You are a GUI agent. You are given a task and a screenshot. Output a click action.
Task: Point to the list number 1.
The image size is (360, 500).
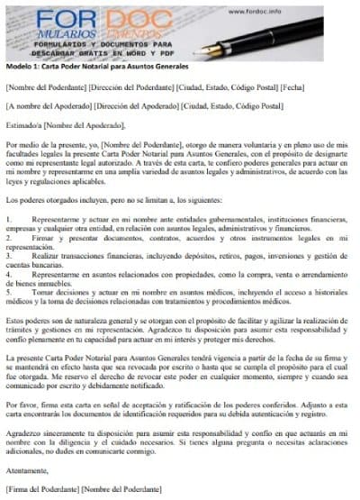pyautogui.click(x=8, y=219)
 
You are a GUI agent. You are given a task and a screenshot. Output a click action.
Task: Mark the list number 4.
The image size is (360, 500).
pyautogui.click(x=8, y=274)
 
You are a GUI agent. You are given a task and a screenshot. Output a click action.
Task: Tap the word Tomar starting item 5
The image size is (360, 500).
pyautogui.click(x=42, y=293)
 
